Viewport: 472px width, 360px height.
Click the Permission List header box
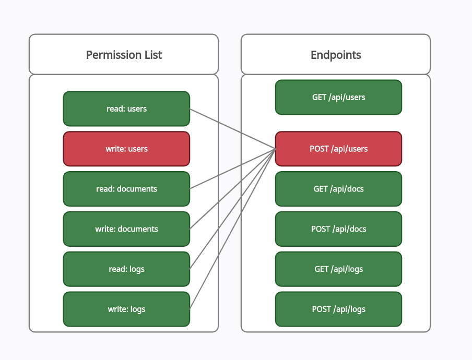tap(123, 54)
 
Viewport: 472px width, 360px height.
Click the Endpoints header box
tap(336, 54)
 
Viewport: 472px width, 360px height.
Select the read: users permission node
tap(126, 109)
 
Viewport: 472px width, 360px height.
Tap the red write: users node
tap(126, 149)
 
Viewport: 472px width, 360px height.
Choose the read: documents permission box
tap(126, 189)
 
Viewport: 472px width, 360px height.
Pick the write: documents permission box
tap(126, 229)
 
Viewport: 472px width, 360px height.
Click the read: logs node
tap(126, 269)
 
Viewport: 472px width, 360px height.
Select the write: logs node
tap(126, 309)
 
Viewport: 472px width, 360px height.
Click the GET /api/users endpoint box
tap(339, 97)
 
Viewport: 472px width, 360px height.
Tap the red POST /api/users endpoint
tap(339, 149)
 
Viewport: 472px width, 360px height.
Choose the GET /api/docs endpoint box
tap(339, 189)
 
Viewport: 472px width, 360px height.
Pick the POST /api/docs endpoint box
tap(339, 229)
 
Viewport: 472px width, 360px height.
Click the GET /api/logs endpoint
tap(339, 269)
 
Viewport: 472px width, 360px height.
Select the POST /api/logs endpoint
tap(339, 309)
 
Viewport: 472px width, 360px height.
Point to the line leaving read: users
tap(233, 129)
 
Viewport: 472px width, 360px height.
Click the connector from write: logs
tap(233, 229)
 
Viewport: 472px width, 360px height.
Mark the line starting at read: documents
tap(233, 169)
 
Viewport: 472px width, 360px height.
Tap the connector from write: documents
tap(233, 189)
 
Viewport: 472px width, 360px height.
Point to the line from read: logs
tap(233, 209)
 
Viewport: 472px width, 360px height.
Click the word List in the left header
tap(153, 55)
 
